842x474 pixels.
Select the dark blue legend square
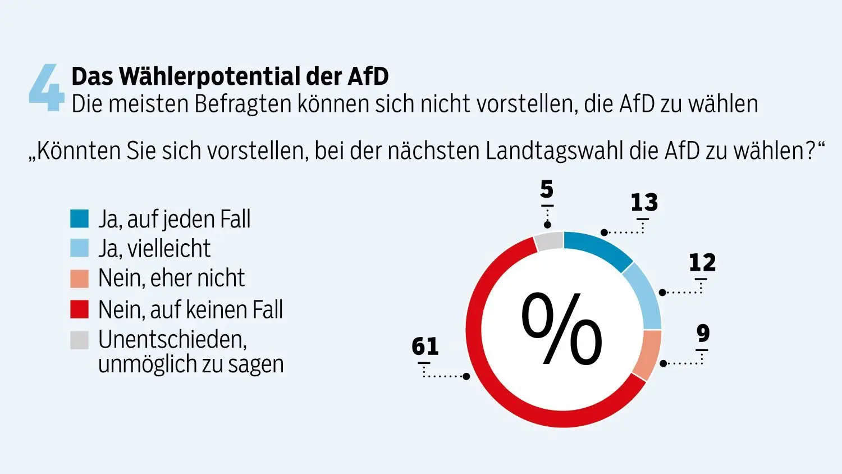[79, 218]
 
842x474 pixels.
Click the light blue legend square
[79, 248]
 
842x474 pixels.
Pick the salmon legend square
[79, 279]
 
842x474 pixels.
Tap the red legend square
[79, 309]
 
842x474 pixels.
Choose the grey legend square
[79, 340]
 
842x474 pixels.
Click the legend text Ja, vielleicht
[154, 249]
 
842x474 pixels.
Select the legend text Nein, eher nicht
[171, 279]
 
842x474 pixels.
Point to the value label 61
[425, 346]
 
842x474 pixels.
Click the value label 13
[644, 203]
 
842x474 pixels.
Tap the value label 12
[702, 263]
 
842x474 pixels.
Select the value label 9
[703, 333]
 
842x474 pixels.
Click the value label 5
[547, 190]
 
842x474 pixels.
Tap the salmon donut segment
[648, 355]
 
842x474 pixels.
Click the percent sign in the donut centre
[562, 330]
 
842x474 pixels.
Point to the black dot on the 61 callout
[466, 376]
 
